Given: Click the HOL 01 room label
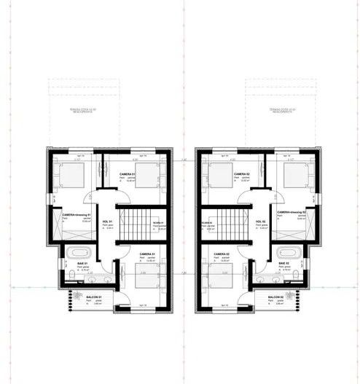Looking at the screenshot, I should coord(106,222).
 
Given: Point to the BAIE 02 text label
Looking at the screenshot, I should coord(284,262).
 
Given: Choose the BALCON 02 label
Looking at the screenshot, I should coord(275,299).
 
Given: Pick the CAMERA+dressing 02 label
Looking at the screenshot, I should coord(290,212).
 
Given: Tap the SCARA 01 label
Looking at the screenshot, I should coord(157,222).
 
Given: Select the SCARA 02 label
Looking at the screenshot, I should coord(207,222).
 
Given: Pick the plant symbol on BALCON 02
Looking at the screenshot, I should coord(293,297).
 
